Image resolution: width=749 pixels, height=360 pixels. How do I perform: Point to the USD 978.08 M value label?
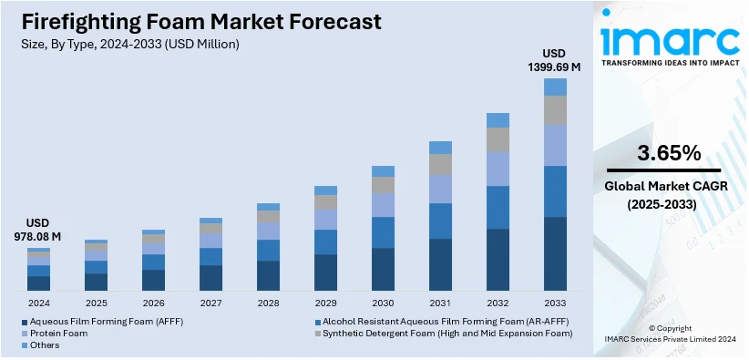tap(38, 230)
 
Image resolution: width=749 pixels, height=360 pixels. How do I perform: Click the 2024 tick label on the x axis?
tap(38, 303)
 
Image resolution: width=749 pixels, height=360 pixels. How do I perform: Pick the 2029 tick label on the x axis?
tap(325, 303)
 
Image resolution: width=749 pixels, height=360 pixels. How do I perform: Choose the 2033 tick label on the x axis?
tap(555, 303)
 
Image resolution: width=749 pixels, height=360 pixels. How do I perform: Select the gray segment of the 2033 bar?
tap(555, 110)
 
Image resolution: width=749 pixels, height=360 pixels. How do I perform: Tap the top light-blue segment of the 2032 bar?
tap(498, 120)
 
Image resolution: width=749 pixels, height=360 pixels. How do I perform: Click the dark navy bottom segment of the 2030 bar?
tap(383, 269)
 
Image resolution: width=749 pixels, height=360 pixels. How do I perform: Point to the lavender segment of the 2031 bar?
tap(440, 189)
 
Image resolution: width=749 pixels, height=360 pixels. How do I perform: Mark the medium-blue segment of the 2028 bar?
tap(268, 250)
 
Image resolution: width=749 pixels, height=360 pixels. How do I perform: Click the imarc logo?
tap(670, 41)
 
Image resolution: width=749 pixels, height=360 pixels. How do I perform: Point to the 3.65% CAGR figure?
tap(670, 152)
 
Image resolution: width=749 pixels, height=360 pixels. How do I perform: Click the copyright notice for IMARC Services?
tap(670, 334)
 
